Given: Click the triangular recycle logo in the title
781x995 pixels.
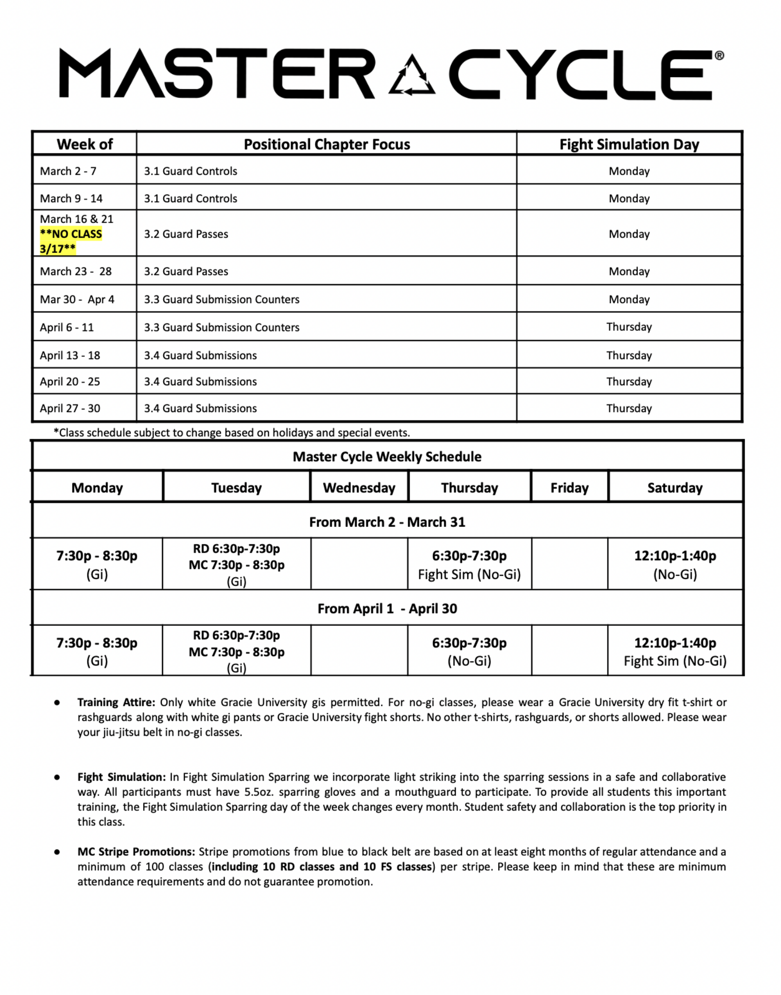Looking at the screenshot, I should (x=412, y=76).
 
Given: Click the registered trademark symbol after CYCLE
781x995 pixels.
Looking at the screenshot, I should (x=719, y=56).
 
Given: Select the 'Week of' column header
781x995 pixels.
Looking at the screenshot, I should (x=84, y=145).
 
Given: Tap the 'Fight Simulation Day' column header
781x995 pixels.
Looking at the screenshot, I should (x=629, y=145).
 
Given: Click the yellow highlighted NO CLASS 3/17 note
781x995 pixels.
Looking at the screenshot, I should (x=71, y=241).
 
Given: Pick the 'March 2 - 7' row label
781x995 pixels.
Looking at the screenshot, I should (x=68, y=171).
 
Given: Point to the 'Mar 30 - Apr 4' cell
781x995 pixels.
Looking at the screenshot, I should (x=77, y=299).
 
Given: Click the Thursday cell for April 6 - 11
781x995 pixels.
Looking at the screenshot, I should (x=629, y=327).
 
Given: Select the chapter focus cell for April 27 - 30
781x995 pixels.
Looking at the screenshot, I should (x=200, y=408).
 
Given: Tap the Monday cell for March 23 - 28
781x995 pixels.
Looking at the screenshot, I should (x=629, y=271).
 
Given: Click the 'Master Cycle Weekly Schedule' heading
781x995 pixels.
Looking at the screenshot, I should (x=387, y=456).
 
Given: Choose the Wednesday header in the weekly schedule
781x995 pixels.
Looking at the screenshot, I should (x=359, y=488).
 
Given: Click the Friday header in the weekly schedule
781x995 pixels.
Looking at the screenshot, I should (x=570, y=488).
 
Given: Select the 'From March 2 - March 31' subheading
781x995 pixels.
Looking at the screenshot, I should (x=387, y=522).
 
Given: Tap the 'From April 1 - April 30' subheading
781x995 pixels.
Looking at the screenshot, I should (x=387, y=608).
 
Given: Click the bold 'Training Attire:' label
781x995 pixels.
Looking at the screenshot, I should (x=116, y=702).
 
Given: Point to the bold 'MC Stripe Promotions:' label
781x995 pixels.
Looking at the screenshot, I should (x=136, y=851).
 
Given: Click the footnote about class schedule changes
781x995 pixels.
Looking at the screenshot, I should (x=232, y=433).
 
